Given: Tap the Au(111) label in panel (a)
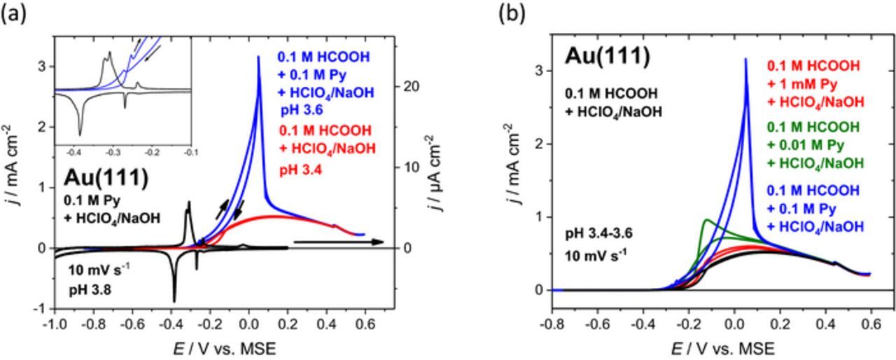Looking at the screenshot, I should [x=107, y=178].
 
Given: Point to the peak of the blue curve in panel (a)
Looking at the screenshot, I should [x=258, y=57].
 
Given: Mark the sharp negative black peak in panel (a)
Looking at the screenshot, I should [x=174, y=300].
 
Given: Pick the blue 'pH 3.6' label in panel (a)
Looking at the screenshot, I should [x=302, y=109].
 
